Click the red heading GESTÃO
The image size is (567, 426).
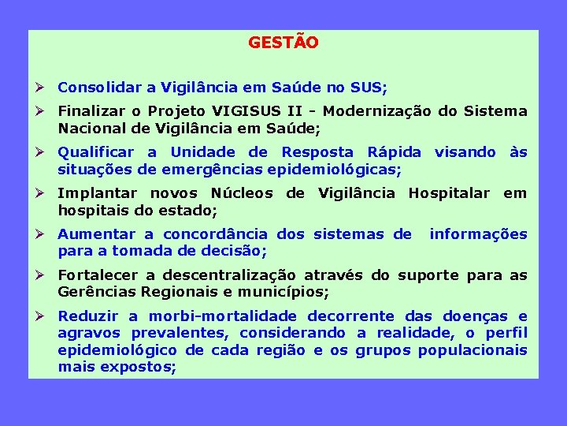283,43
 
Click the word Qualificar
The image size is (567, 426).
96,152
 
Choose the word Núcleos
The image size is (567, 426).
240,193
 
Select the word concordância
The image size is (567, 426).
216,234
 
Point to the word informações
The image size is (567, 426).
478,234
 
